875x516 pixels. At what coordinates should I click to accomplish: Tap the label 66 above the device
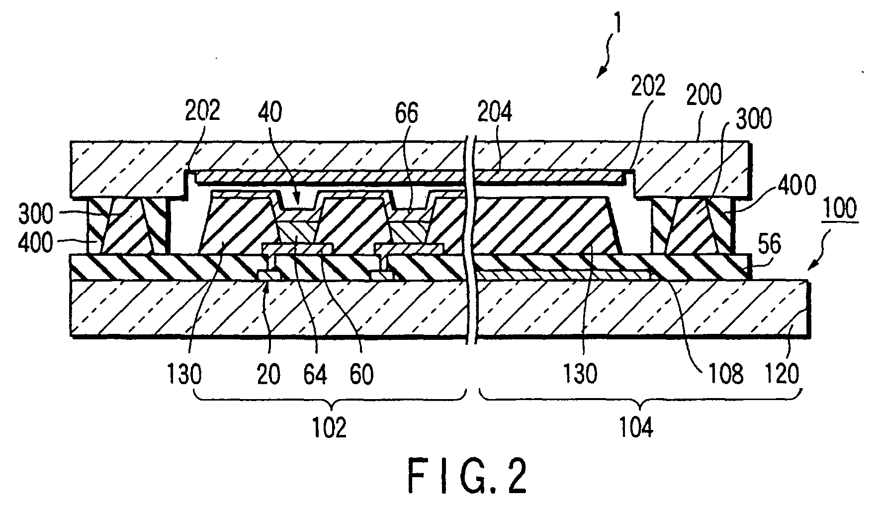[x=407, y=113]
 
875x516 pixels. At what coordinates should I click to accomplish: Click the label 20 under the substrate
[x=268, y=374]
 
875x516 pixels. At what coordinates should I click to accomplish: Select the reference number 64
[x=316, y=374]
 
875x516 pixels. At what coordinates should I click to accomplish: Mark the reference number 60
[x=361, y=374]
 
